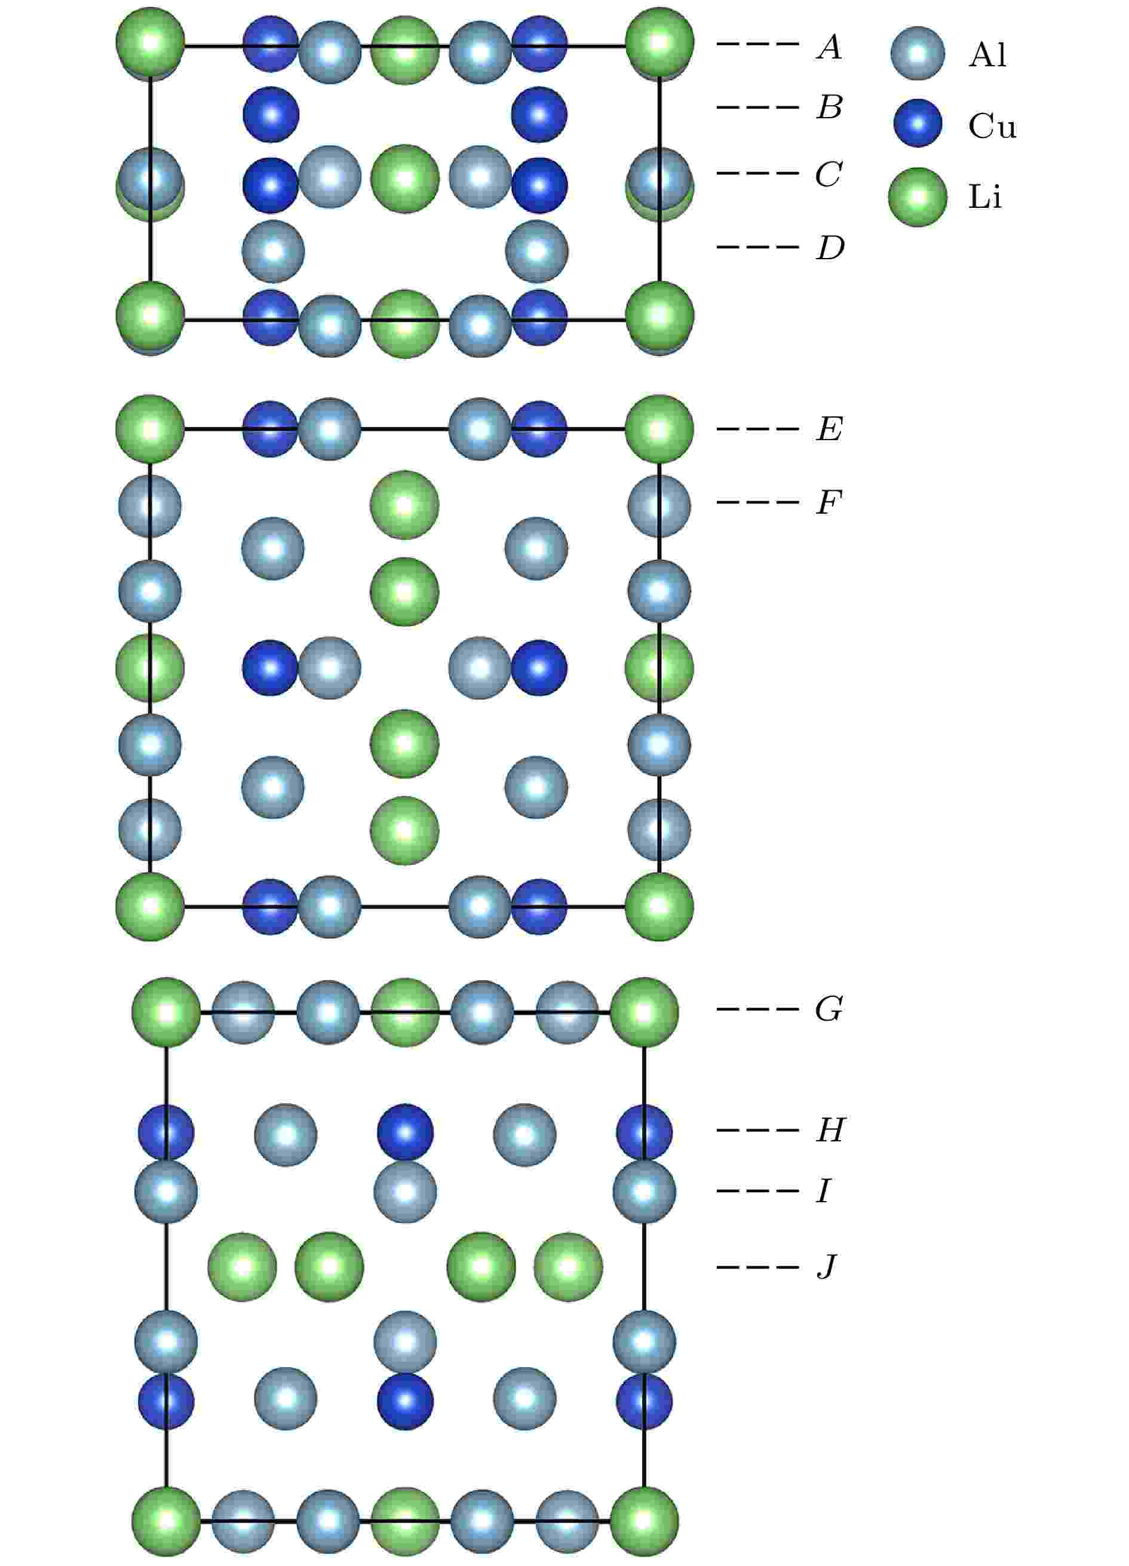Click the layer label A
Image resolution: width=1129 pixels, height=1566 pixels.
point(829,47)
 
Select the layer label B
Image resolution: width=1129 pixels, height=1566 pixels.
point(829,108)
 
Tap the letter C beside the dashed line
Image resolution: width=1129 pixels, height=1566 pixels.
point(829,174)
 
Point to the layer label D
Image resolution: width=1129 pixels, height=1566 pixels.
point(829,248)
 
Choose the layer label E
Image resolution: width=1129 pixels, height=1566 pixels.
point(829,429)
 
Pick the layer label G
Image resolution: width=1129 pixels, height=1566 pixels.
point(829,1009)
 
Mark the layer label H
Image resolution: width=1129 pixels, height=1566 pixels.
point(830,1131)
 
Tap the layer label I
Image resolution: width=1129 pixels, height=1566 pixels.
point(824,1191)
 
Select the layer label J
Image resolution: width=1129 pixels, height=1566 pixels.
point(827,1267)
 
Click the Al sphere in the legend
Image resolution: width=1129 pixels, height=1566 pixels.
point(918,54)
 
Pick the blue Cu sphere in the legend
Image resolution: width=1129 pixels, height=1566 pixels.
point(918,124)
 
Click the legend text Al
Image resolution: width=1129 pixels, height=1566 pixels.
point(987,54)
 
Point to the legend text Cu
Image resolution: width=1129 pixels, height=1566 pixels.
point(992,125)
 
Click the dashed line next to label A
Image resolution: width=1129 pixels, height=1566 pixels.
point(757,45)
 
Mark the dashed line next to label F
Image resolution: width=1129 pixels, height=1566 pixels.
point(757,502)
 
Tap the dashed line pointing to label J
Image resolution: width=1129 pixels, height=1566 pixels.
point(757,1267)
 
